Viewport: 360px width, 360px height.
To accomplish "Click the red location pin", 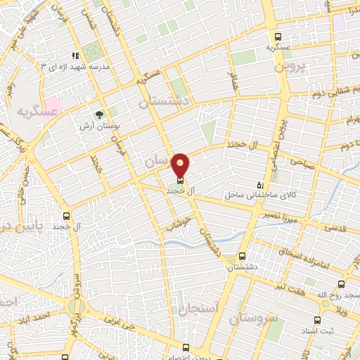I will coord(181,165).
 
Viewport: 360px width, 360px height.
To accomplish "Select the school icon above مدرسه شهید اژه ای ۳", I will coord(75,56).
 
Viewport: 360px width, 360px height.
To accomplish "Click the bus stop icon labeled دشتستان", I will coord(243,257).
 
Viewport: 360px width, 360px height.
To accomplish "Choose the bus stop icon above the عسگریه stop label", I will coord(278,37).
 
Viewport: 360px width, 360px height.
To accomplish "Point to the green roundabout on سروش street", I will coord(77,306).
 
